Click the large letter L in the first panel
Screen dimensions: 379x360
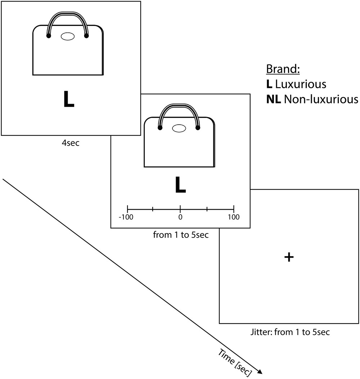coord(68,99)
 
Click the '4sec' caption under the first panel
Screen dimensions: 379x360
coord(71,143)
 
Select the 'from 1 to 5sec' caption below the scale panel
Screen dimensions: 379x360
coord(181,235)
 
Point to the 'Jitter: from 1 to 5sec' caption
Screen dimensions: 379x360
coord(289,332)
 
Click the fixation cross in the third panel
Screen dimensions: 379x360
coord(289,257)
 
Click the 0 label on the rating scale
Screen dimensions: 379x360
coord(180,217)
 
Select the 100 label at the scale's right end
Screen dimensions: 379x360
coord(234,217)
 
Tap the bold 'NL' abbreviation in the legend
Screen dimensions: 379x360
coord(274,99)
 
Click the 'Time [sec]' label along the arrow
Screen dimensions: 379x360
coord(234,362)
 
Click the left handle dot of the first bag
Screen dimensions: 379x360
coord(48,36)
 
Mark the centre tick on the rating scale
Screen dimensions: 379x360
coord(180,209)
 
